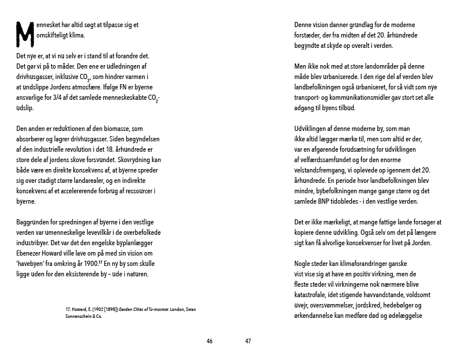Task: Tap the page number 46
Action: pyautogui.click(x=209, y=341)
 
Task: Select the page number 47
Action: pyautogui.click(x=248, y=341)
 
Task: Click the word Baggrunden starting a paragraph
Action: pyautogui.click(x=33, y=222)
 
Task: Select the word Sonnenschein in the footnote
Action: pyautogui.click(x=81, y=316)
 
